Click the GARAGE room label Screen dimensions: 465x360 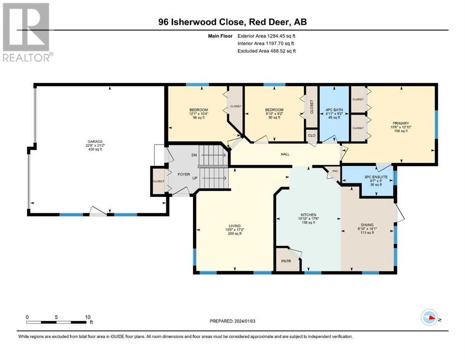tap(95, 142)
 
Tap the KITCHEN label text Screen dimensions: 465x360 tap(309, 215)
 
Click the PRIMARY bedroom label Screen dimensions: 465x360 tap(401, 123)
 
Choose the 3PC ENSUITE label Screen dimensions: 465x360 tap(376, 177)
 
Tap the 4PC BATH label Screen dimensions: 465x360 tap(334, 110)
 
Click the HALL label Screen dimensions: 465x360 tap(285, 154)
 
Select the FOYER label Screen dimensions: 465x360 tap(184, 174)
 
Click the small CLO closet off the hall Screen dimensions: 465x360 tap(312, 135)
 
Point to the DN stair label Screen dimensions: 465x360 tap(194, 155)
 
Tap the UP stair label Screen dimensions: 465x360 tap(195, 178)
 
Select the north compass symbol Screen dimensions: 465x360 tap(429, 317)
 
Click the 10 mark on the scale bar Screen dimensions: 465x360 tap(88, 317)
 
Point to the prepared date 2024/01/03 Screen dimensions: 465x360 tap(244, 321)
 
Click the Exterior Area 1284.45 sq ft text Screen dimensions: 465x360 tap(266, 36)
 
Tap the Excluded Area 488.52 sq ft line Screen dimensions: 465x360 tap(266, 51)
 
